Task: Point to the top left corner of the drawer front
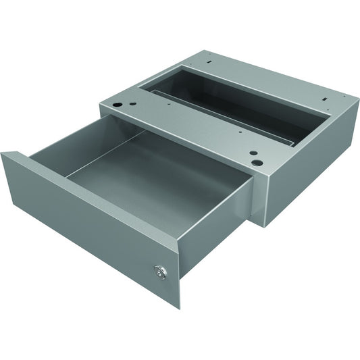[x=3, y=154]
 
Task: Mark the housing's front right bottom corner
[x=263, y=226]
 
